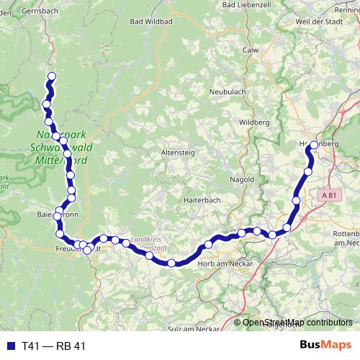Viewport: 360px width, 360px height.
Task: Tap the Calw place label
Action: click(x=251, y=50)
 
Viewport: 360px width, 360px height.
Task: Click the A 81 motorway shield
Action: click(x=329, y=194)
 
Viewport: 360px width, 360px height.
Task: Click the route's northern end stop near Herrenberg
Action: click(x=314, y=145)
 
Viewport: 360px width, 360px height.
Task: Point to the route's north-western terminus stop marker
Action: click(x=50, y=76)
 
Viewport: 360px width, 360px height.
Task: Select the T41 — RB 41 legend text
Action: click(x=53, y=346)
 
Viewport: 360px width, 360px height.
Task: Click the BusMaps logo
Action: click(x=326, y=345)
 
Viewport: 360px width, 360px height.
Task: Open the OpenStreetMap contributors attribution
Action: click(x=297, y=323)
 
